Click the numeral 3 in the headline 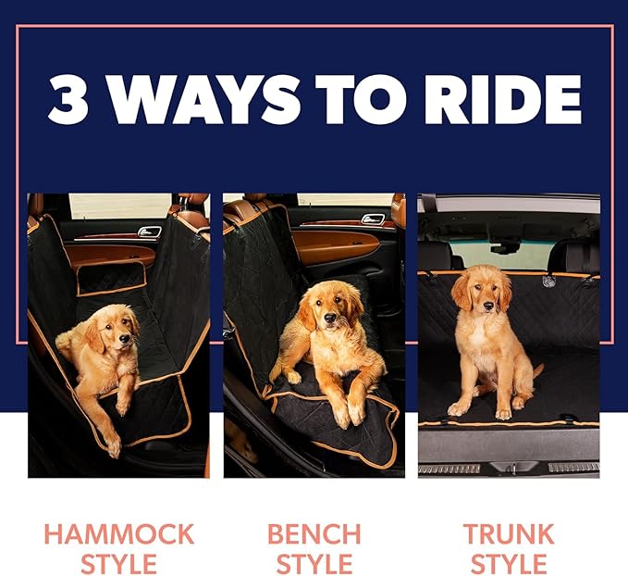click(x=67, y=99)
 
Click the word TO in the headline click(x=365, y=99)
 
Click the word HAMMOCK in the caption click(x=119, y=534)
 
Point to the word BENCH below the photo click(x=314, y=534)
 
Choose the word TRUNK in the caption click(x=509, y=534)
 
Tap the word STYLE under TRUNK click(x=509, y=563)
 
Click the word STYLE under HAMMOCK click(x=119, y=563)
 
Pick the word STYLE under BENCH click(x=314, y=563)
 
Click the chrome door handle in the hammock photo click(x=149, y=232)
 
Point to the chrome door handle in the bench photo click(x=374, y=219)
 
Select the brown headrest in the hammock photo click(x=193, y=214)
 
